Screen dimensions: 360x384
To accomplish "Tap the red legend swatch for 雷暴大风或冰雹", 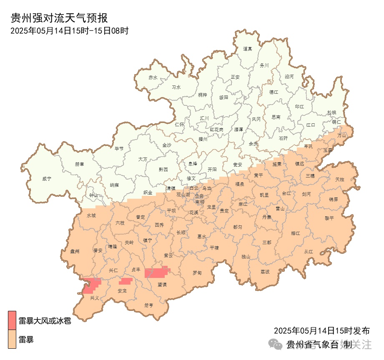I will (12, 320).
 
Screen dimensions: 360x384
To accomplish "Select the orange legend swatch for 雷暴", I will (12, 340).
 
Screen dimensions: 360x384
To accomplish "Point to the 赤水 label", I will (153, 77).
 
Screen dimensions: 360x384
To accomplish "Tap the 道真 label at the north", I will (248, 49).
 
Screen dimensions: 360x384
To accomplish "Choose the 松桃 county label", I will (331, 112).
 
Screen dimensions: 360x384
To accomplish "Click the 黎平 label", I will (329, 218).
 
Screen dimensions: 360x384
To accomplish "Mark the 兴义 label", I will (95, 298).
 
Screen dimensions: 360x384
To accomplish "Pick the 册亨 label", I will (149, 305).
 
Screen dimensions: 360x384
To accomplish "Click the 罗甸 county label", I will (197, 273).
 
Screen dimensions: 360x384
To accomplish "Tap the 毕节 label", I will (119, 148).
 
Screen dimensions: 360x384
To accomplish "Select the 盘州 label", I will (75, 251).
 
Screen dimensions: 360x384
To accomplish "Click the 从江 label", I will (309, 252).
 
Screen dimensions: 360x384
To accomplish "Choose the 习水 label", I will (176, 87).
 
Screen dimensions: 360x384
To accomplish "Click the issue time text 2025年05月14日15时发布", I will (321, 331).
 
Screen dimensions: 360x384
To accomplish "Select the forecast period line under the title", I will (69, 30).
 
